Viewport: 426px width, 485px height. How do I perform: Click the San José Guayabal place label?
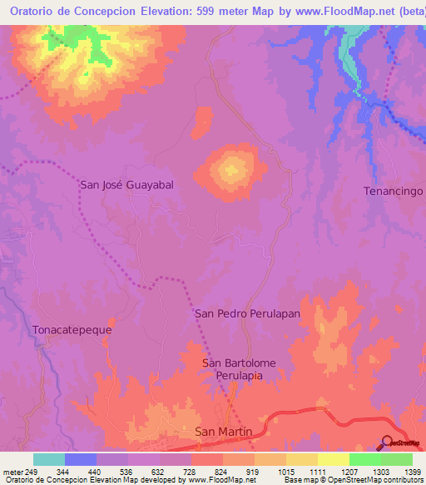[126, 185]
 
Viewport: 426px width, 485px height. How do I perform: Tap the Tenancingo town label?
[394, 191]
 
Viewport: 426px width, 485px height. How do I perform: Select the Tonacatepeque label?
[72, 329]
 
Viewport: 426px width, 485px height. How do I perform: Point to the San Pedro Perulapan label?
[246, 313]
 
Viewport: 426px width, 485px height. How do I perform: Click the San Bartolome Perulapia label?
[239, 370]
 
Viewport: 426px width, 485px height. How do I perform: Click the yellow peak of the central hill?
[230, 170]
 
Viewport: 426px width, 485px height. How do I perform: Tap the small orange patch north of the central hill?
[201, 122]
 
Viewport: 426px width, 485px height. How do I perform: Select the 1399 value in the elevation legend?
[413, 471]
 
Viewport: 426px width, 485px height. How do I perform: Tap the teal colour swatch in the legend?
[49, 459]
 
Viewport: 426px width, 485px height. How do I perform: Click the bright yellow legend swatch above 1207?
[334, 459]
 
